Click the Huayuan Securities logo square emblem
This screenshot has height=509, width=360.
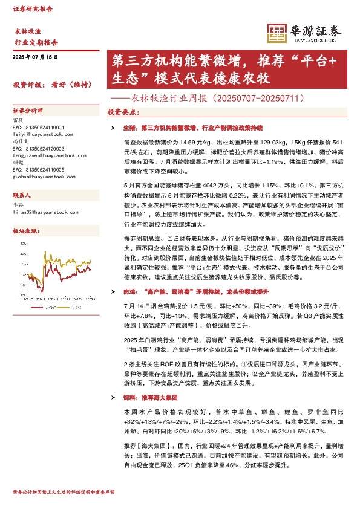click(x=276, y=33)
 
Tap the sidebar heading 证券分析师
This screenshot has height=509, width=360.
click(x=28, y=111)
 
